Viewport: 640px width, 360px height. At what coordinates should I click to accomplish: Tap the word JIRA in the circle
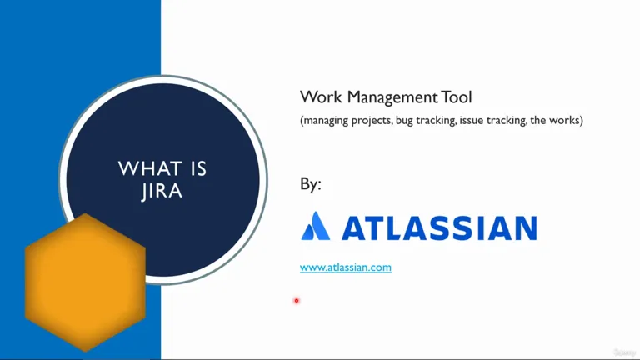click(x=162, y=191)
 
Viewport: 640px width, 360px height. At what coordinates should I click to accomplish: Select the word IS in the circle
click(x=198, y=168)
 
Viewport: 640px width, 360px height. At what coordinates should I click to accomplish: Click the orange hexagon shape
click(x=85, y=282)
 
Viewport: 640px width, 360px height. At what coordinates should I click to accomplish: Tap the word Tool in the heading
click(x=457, y=97)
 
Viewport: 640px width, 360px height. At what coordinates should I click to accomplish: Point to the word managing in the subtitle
click(x=324, y=121)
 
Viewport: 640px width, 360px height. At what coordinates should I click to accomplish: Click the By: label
click(x=311, y=183)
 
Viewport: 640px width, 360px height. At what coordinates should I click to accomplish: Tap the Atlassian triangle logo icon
click(x=316, y=226)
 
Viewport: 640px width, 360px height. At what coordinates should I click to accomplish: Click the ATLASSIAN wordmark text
click(x=439, y=227)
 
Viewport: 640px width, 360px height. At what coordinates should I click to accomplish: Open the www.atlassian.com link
click(x=346, y=267)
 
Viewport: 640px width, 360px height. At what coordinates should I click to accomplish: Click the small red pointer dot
click(x=297, y=301)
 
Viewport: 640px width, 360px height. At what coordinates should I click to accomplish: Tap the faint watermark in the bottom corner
click(x=624, y=352)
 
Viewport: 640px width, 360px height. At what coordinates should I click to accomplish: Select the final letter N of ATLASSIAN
click(x=526, y=227)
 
